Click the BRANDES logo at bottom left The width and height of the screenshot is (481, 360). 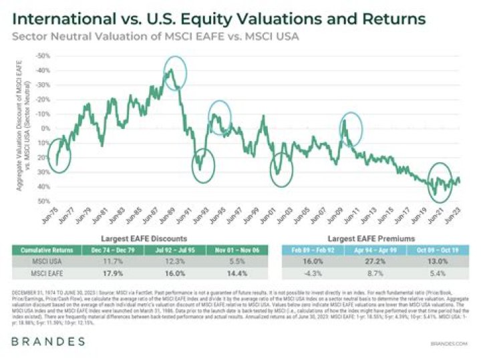click(47, 341)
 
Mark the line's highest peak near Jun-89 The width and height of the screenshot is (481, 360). click(172, 69)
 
